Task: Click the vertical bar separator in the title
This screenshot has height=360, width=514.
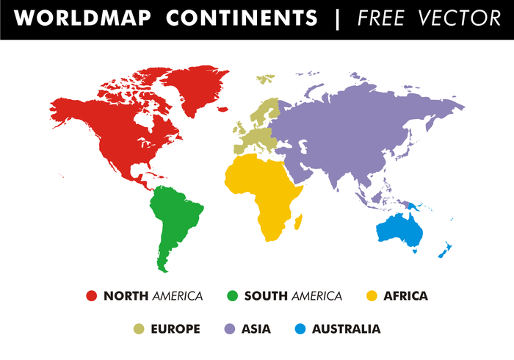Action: (338, 18)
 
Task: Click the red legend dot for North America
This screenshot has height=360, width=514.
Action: (92, 296)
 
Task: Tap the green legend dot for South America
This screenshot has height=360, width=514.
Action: (232, 296)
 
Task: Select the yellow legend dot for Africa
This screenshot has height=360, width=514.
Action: (372, 296)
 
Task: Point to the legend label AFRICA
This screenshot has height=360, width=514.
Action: (405, 296)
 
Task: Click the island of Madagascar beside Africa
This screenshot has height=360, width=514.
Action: (298, 220)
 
